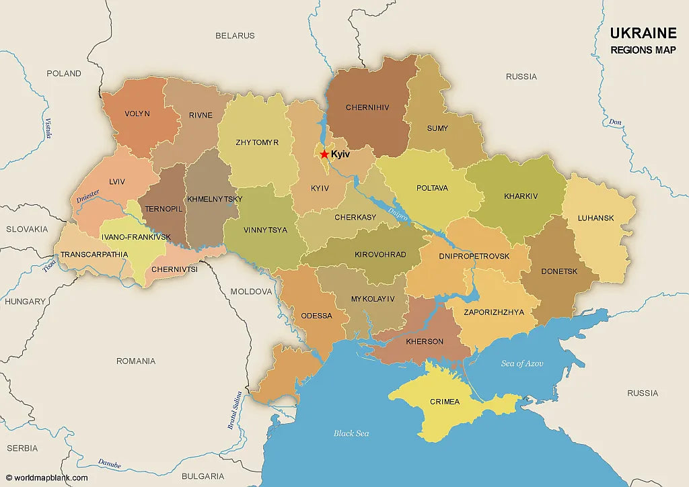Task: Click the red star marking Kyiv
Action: [x=324, y=154]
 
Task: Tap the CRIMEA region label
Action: [x=444, y=402]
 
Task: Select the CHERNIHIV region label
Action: [x=367, y=107]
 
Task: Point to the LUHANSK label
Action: [x=595, y=218]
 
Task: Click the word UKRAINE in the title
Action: [x=643, y=34]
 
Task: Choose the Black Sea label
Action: [x=351, y=433]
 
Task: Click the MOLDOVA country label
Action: [x=251, y=292]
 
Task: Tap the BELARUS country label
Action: [x=235, y=36]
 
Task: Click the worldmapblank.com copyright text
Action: [x=47, y=478]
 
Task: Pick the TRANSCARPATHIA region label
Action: [x=94, y=255]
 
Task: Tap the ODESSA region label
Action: [x=316, y=316]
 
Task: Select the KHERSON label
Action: [x=425, y=341]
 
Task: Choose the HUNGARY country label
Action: [x=25, y=302]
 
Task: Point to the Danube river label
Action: [x=109, y=463]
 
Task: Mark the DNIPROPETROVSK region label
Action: [x=474, y=256]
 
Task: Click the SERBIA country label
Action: [x=22, y=448]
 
